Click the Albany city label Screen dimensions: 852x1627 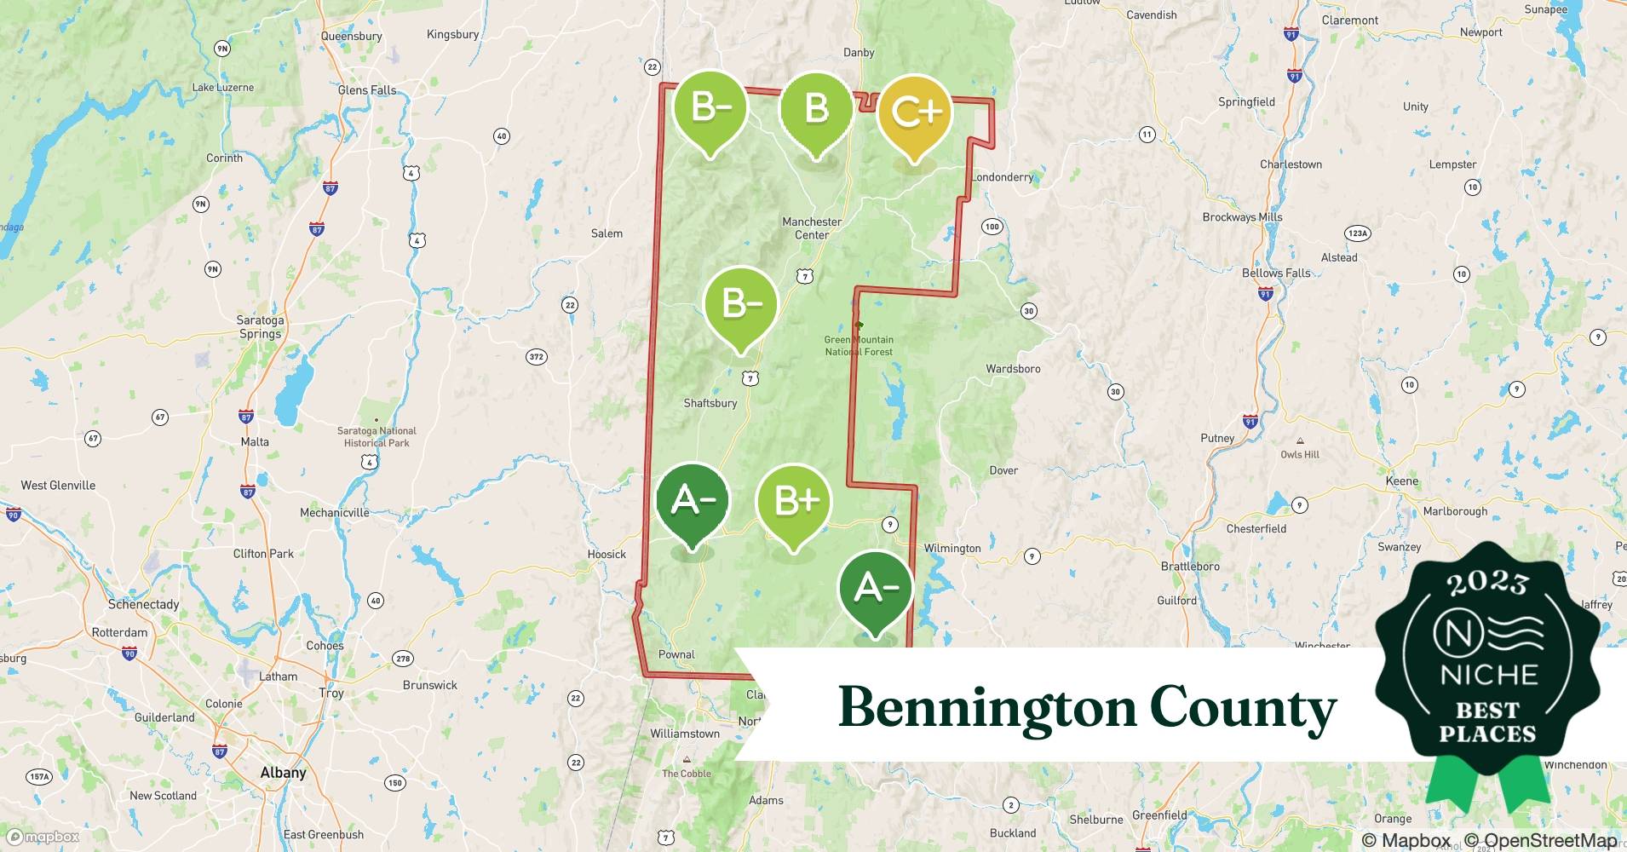coord(283,773)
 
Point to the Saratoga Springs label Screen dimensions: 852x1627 coord(260,326)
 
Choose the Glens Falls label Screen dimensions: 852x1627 coord(367,89)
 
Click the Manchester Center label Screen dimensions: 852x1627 coord(812,228)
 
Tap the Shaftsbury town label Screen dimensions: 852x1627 coord(710,403)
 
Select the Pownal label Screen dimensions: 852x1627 coord(676,654)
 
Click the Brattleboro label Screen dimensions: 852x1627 coord(1190,566)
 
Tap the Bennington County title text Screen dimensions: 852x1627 coord(1087,707)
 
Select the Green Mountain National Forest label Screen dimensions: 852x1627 coord(859,345)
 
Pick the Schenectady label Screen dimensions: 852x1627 coord(143,604)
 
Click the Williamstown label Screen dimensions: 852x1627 coord(685,734)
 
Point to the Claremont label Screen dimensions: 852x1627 coord(1350,20)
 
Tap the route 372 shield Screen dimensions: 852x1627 coord(537,357)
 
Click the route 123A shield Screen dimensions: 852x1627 coord(1357,233)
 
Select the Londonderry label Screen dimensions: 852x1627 coord(1003,177)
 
